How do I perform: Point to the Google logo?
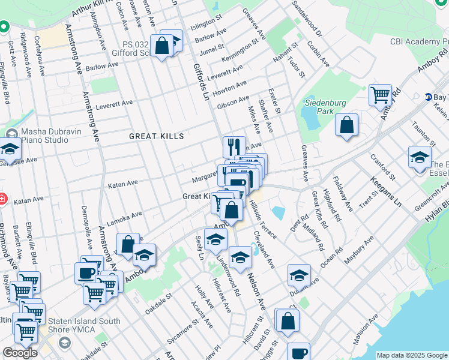click(x=20, y=353)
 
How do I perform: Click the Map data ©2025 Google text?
click(x=412, y=355)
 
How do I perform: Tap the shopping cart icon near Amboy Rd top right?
click(x=380, y=94)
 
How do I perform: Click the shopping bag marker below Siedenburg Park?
click(x=346, y=125)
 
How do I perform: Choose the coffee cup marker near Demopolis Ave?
click(x=85, y=272)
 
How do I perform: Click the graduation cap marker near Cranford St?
click(x=419, y=157)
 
